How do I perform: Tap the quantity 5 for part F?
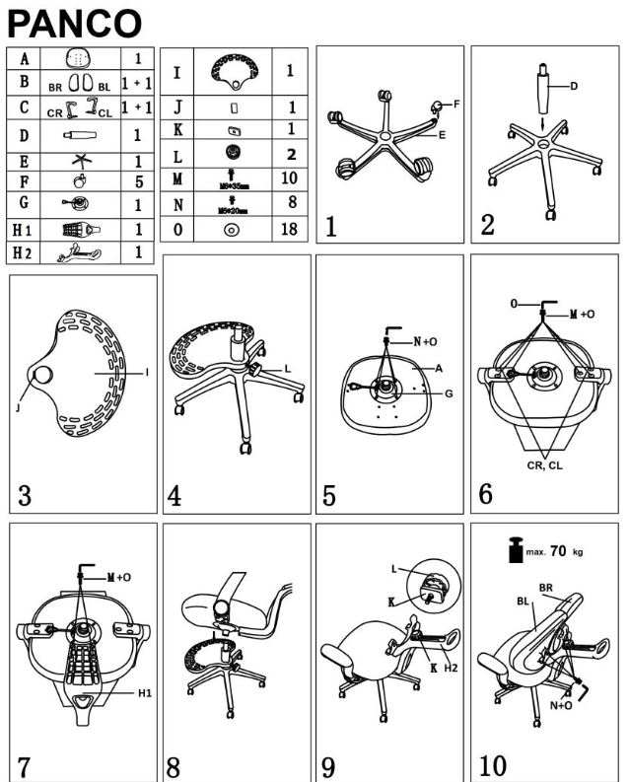[137, 181]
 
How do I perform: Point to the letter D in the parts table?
[24, 134]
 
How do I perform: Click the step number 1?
[331, 227]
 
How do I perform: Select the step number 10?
[492, 765]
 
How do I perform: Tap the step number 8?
[174, 765]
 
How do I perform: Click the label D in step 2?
[573, 86]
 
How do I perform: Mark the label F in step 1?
[456, 103]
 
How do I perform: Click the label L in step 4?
[288, 367]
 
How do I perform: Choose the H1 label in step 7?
[143, 693]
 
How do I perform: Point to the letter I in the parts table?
[175, 72]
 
